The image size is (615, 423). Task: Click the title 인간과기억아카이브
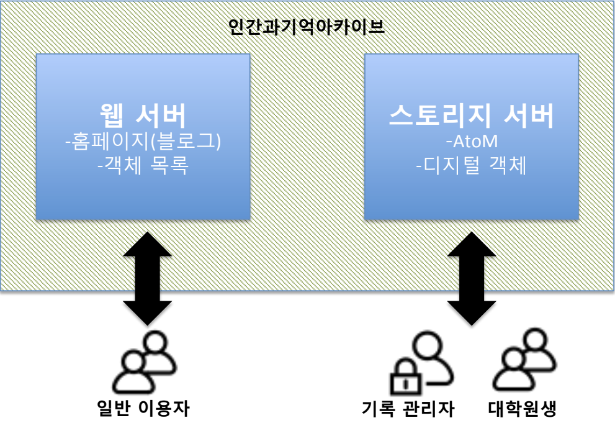[x=307, y=28]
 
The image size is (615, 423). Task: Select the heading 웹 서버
[x=143, y=116]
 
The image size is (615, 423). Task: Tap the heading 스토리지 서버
[x=472, y=116]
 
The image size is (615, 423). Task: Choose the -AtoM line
[x=472, y=142]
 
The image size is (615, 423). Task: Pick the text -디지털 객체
[x=472, y=166]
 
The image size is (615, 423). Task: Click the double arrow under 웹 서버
[x=147, y=278]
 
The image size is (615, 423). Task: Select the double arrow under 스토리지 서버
[x=472, y=278]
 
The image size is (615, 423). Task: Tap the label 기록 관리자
[x=408, y=409]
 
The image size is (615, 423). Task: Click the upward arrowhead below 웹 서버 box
[x=147, y=244]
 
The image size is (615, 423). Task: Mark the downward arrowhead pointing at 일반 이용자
[x=147, y=312]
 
